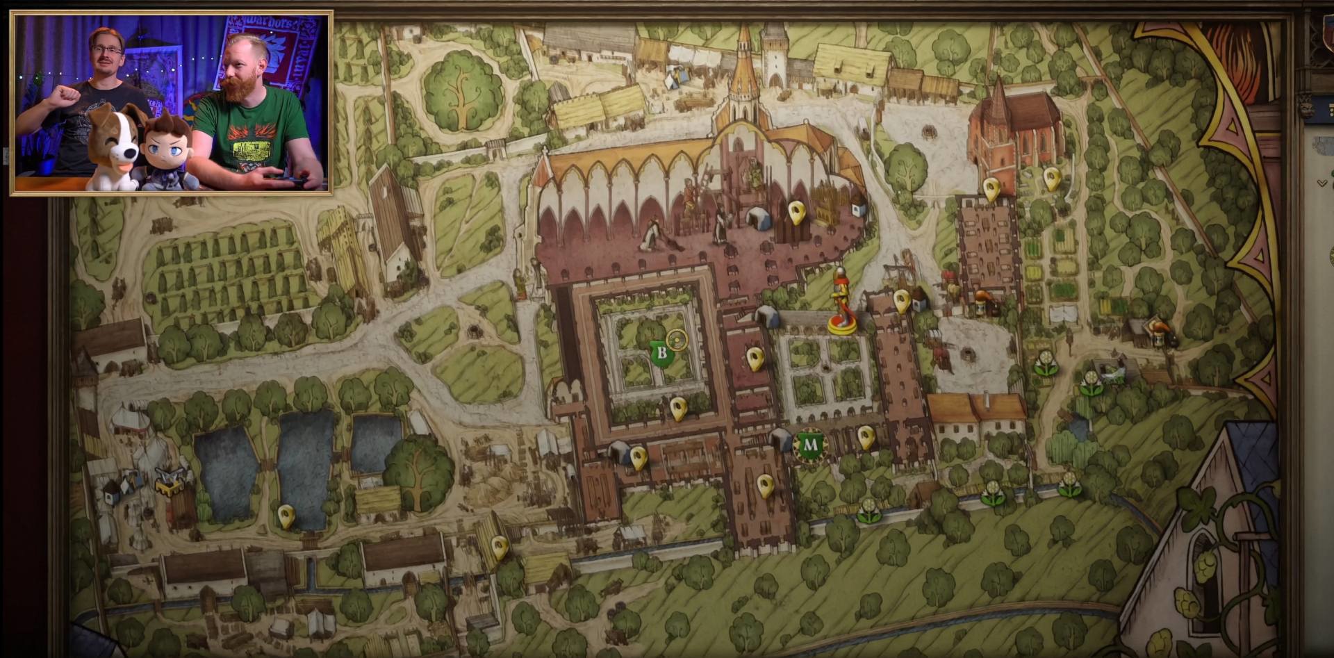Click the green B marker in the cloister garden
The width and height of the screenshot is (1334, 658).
point(661,353)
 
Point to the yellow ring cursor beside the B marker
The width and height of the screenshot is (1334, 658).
point(677,340)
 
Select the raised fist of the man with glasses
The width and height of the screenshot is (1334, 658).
point(68,94)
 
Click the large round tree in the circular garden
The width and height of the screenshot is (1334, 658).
point(462,90)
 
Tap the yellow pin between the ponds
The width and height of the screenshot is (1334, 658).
point(286,516)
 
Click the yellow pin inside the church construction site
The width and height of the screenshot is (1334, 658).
point(796,212)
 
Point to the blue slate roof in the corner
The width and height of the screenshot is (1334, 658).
point(1251,452)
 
